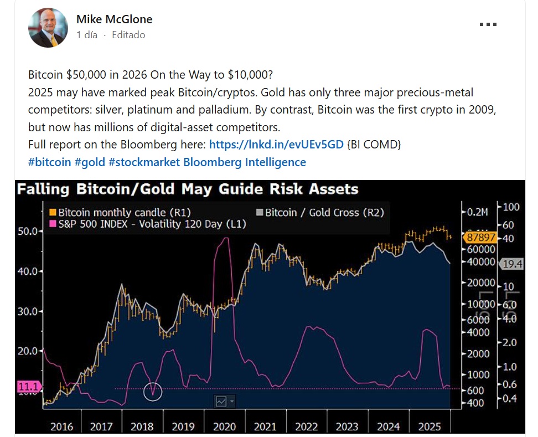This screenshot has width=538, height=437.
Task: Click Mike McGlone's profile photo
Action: pyautogui.click(x=48, y=28)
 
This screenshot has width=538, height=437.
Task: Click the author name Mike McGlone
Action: pyautogui.click(x=114, y=19)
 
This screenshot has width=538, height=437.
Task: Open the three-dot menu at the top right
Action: pyautogui.click(x=487, y=24)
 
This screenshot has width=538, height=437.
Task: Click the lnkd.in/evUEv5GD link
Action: pyautogui.click(x=276, y=145)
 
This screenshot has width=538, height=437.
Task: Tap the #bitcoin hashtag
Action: pyautogui.click(x=49, y=162)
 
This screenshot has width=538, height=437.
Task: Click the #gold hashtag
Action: pyautogui.click(x=90, y=162)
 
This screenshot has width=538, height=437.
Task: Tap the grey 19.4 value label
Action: pyautogui.click(x=512, y=265)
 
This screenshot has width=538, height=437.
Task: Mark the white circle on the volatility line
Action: pyautogui.click(x=153, y=391)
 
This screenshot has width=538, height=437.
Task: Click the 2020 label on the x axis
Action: pyautogui.click(x=224, y=427)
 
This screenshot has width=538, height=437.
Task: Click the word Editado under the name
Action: pyautogui.click(x=128, y=35)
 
